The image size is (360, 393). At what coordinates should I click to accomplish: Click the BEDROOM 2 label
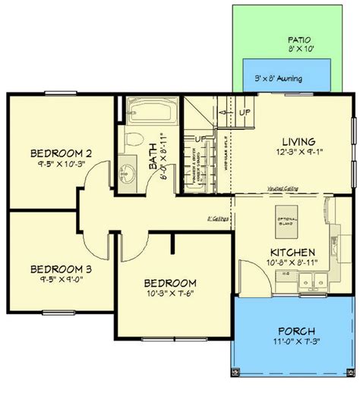[x=46, y=150]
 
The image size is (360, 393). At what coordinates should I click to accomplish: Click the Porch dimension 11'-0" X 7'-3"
[x=292, y=343]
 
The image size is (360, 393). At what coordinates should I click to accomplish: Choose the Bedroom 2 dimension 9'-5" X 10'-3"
[x=46, y=162]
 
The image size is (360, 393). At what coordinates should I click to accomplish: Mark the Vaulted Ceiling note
[x=282, y=190]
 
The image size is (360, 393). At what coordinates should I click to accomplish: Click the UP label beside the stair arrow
[x=245, y=112]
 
